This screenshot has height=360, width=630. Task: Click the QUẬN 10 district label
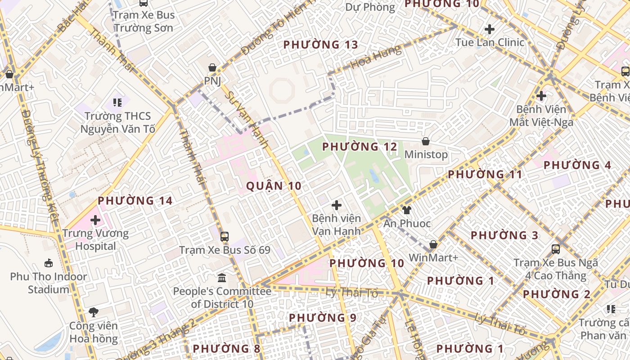click(x=274, y=186)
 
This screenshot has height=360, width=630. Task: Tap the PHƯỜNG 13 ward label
click(x=320, y=45)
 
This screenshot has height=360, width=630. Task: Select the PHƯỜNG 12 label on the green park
click(x=360, y=147)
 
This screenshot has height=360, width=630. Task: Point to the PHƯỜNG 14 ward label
click(x=135, y=201)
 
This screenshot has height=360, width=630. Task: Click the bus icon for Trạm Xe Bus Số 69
click(x=224, y=236)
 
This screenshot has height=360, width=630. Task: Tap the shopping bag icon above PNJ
click(x=212, y=68)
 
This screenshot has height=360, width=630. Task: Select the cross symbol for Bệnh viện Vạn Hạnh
click(x=336, y=205)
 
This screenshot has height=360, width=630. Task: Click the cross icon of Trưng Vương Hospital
click(x=95, y=220)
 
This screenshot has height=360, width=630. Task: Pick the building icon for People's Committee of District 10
click(x=222, y=278)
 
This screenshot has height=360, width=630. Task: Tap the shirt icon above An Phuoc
click(x=406, y=210)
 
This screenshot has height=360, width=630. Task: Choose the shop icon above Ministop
click(x=426, y=141)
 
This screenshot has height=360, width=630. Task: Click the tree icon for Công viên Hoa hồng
click(x=94, y=312)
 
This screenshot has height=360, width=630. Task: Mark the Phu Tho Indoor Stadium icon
click(x=49, y=263)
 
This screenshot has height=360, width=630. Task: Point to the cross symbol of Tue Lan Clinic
click(x=490, y=29)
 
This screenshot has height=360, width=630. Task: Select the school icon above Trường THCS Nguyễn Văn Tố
click(x=117, y=103)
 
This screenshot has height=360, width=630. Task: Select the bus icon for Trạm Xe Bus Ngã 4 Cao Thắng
click(x=556, y=249)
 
